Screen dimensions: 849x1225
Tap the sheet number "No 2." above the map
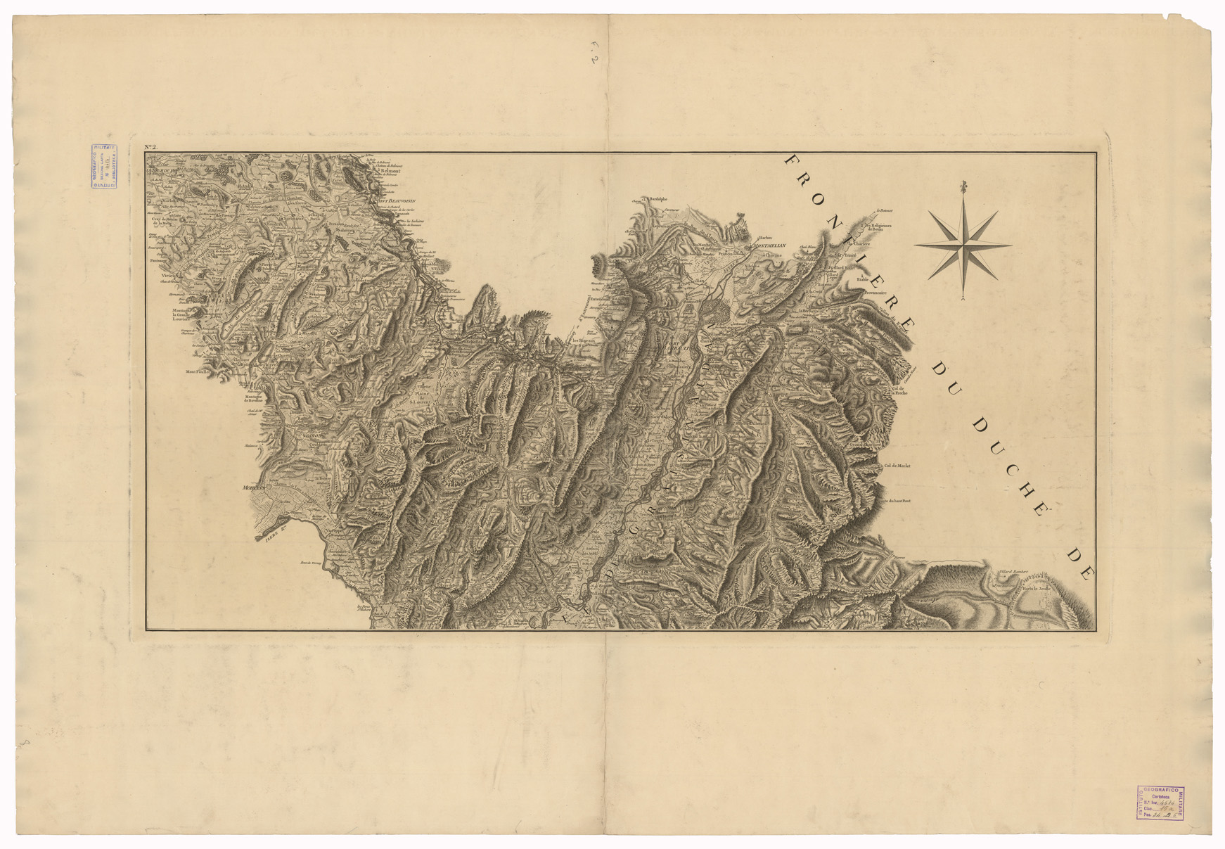[x=151, y=147]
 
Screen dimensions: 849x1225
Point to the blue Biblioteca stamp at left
[x=103, y=166]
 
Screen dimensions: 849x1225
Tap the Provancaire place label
[x=873, y=293]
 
